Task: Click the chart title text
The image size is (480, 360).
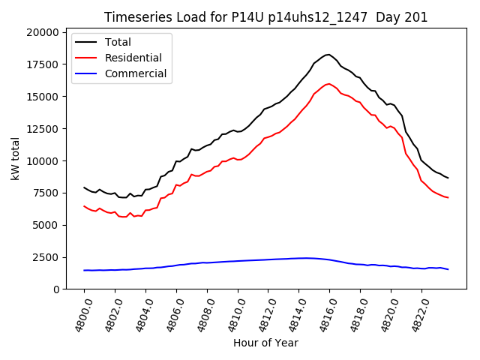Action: pyautogui.click(x=265, y=17)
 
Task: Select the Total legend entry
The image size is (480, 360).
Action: pyautogui.click(x=118, y=42)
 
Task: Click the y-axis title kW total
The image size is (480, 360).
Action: pyautogui.click(x=16, y=159)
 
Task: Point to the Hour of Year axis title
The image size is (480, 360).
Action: pyautogui.click(x=265, y=343)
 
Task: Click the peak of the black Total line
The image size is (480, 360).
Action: pyautogui.click(x=328, y=55)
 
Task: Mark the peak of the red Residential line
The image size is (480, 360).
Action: pyautogui.click(x=328, y=83)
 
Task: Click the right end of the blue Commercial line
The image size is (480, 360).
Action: pyautogui.click(x=448, y=269)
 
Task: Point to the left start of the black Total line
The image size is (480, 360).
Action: pyautogui.click(x=84, y=187)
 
